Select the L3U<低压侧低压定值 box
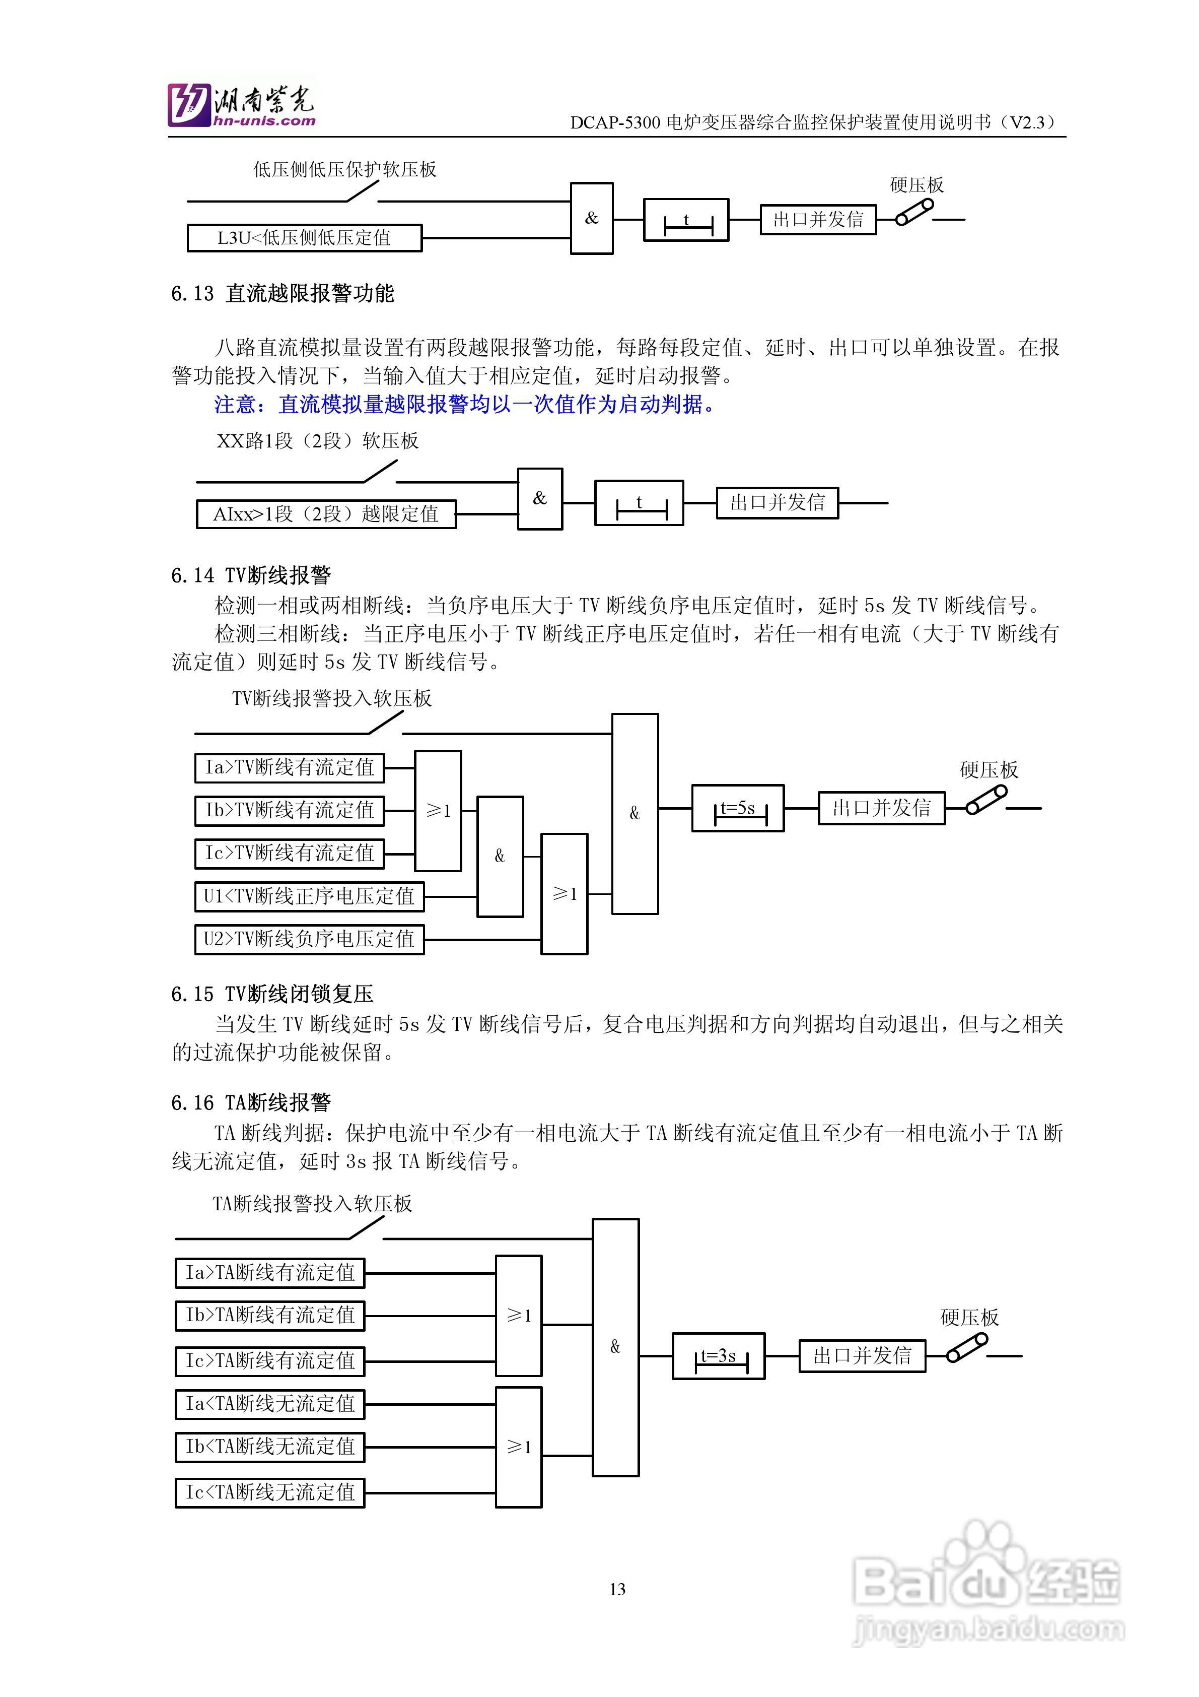pyautogui.click(x=304, y=238)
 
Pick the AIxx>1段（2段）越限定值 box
pyautogui.click(x=326, y=513)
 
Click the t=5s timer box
pyautogui.click(x=737, y=808)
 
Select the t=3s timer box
pyautogui.click(x=718, y=1356)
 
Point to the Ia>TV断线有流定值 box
pyautogui.click(x=290, y=767)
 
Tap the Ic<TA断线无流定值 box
pyautogui.click(x=270, y=1491)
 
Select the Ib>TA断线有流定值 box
pyautogui.click(x=270, y=1316)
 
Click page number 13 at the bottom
pyautogui.click(x=617, y=1589)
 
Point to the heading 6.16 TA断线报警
pyautogui.click(x=251, y=1103)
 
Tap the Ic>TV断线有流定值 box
pyautogui.click(x=290, y=853)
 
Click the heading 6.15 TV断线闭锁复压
pyautogui.click(x=272, y=994)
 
